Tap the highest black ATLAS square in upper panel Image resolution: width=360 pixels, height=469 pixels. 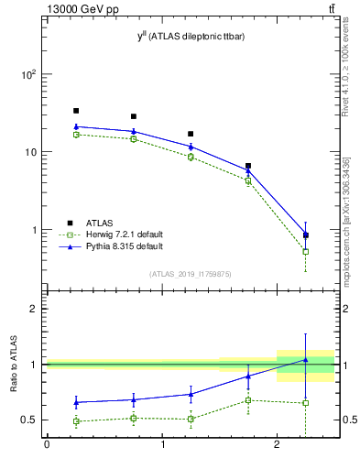point(75,111)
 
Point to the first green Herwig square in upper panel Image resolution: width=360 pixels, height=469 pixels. point(75,135)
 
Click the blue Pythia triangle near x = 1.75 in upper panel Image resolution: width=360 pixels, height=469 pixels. point(248,169)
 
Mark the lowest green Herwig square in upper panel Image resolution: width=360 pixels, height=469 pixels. point(305,251)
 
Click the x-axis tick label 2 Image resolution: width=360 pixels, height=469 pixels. point(277,446)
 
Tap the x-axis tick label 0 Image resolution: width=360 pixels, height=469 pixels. point(46,446)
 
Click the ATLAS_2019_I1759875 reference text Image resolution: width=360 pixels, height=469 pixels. point(191,273)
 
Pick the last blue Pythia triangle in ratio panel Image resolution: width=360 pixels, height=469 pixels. point(305,360)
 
